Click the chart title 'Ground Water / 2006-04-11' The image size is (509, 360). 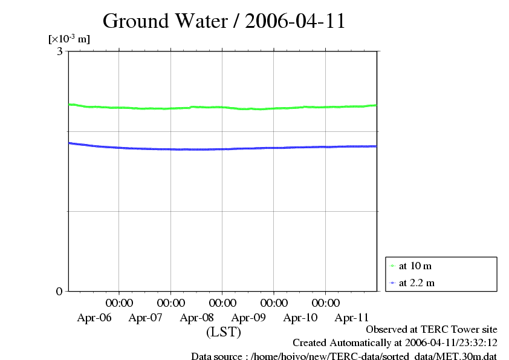(224, 21)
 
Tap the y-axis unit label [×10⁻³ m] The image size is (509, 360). (69, 39)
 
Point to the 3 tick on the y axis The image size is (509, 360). (59, 51)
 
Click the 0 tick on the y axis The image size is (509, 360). (59, 291)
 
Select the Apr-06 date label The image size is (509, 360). (94, 317)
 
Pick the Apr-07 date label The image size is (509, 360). (146, 317)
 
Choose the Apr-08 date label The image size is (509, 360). (197, 317)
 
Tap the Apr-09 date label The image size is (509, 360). (249, 317)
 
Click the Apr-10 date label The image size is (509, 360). (300, 317)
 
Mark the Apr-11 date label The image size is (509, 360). (352, 317)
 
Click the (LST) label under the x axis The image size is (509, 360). (224, 332)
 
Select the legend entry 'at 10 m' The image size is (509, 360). (415, 266)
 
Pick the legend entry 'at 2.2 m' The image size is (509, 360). (417, 283)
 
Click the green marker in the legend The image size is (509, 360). (393, 266)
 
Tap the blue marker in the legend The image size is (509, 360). (393, 283)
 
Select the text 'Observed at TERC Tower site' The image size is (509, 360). (432, 330)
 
